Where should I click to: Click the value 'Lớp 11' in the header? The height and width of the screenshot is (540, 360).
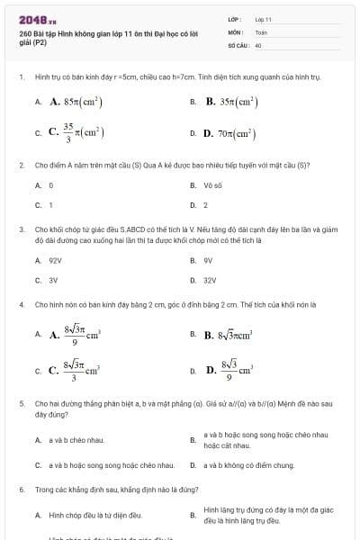click(x=264, y=18)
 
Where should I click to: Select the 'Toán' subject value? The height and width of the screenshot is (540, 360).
click(x=261, y=31)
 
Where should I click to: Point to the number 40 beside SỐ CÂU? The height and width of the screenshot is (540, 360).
click(x=258, y=44)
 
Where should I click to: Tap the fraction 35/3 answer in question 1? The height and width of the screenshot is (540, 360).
click(x=76, y=133)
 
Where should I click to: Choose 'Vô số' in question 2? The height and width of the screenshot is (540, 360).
click(x=212, y=185)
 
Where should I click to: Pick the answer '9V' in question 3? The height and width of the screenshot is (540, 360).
click(x=208, y=260)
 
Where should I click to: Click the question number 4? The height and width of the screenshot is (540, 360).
click(x=21, y=305)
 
